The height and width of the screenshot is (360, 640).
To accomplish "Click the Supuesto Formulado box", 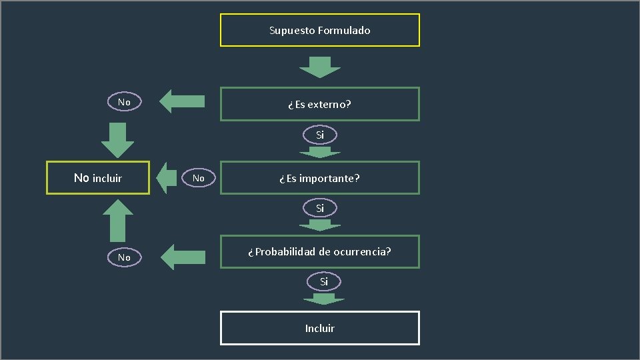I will click(x=320, y=30).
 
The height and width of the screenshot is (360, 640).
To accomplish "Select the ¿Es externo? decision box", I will click(x=320, y=104).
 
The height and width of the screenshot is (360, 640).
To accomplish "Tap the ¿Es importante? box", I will click(x=320, y=178).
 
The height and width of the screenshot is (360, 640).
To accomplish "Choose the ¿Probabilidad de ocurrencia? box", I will click(x=320, y=252).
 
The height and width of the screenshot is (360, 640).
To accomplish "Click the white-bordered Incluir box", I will click(x=320, y=328).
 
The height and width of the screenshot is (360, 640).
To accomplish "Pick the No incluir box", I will click(x=97, y=178).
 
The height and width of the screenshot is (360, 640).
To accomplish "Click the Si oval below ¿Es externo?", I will click(x=320, y=135).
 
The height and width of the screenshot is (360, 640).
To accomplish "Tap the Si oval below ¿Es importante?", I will click(x=320, y=209).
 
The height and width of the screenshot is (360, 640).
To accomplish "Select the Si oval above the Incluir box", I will click(x=323, y=282).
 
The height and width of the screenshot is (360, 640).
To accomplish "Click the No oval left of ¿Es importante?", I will click(x=199, y=179).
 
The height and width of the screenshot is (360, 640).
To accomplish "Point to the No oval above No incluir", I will click(x=124, y=102).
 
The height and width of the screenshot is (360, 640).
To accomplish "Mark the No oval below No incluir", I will click(x=124, y=257).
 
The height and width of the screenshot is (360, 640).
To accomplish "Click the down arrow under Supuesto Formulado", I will click(x=320, y=67).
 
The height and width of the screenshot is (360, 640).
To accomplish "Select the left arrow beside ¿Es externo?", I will click(x=183, y=101).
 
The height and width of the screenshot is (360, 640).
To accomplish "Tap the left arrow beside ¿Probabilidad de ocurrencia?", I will click(x=184, y=257).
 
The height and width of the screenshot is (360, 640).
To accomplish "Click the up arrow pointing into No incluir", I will click(x=117, y=220).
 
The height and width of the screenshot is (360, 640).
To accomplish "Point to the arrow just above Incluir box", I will click(x=324, y=299).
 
